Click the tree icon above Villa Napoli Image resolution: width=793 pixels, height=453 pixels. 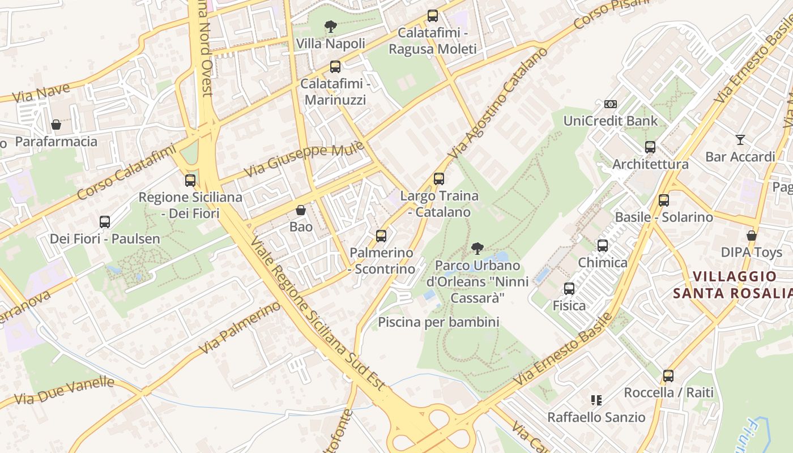click(330, 26)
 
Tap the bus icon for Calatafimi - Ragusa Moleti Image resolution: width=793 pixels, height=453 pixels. click(433, 16)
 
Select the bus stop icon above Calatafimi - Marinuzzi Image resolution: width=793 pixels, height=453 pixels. click(335, 67)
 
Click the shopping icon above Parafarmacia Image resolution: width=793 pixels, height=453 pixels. click(56, 125)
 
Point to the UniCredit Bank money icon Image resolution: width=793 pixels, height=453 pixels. click(610, 104)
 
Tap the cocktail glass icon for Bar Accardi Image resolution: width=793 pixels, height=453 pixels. click(740, 139)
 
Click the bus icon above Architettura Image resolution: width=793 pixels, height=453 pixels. click(650, 147)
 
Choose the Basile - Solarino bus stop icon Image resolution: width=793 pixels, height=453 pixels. click(663, 200)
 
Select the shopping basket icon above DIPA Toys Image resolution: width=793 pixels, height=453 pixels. click(752, 236)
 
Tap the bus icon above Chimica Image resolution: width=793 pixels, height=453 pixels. click(603, 246)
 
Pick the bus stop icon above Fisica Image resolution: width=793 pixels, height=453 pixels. click(569, 289)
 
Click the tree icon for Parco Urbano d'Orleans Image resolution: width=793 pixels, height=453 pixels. click(477, 248)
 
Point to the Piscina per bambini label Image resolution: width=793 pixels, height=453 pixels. click(438, 322)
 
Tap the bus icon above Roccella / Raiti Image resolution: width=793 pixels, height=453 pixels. click(668, 375)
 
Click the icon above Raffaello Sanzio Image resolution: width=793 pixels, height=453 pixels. click(596, 400)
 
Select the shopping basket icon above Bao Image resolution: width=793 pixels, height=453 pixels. click(301, 210)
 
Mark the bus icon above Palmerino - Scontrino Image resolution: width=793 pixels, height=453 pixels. click(381, 236)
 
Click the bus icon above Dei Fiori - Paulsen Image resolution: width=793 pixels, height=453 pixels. click(105, 221)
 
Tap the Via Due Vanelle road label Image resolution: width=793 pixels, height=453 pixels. click(64, 391)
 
